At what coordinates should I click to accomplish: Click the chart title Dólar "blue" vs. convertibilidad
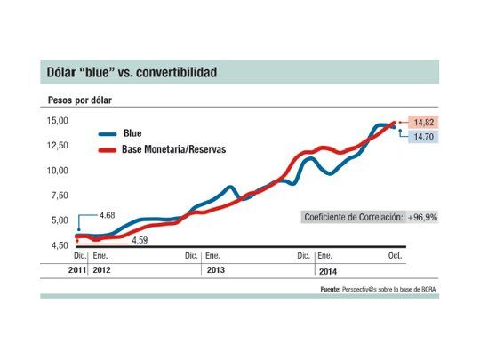coord(132,71)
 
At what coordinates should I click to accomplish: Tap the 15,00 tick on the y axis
coord(58,120)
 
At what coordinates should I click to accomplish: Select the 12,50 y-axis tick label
coord(58,145)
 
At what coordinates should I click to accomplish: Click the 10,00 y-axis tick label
coord(58,170)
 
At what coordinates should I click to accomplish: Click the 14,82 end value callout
coord(422,121)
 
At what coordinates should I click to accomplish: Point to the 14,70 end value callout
coord(422,138)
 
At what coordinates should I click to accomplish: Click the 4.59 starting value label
coord(140,240)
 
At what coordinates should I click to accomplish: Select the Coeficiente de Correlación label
coord(353,217)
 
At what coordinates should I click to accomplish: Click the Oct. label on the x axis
coord(395,255)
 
